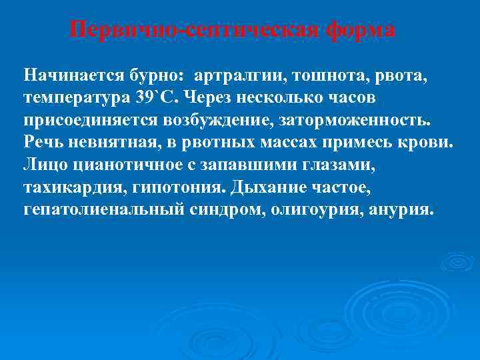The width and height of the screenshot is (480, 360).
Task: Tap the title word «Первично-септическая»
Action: [x=197, y=30]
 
